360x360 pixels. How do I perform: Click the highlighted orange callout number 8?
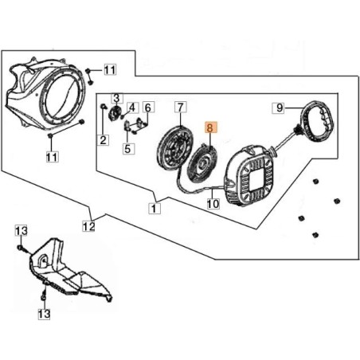pyautogui.click(x=210, y=127)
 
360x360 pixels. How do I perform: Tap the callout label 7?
pyautogui.click(x=181, y=108)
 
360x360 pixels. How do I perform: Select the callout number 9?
pyautogui.click(x=278, y=108)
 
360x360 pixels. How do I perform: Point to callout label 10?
pyautogui.click(x=213, y=203)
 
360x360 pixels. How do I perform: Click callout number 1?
pyautogui.click(x=155, y=208)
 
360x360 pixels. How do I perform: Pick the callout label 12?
pyautogui.click(x=88, y=226)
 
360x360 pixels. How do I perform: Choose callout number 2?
pyautogui.click(x=103, y=140)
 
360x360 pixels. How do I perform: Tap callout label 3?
pyautogui.click(x=117, y=98)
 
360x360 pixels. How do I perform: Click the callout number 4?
pyautogui.click(x=132, y=108)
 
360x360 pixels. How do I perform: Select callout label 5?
pyautogui.click(x=128, y=149)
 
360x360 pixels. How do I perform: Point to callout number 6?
pyautogui.click(x=148, y=108)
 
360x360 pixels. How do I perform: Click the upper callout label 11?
pyautogui.click(x=110, y=70)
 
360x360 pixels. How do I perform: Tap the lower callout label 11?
pyautogui.click(x=53, y=157)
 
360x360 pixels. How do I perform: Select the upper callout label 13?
pyautogui.click(x=22, y=230)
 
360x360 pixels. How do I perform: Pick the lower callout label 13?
pyautogui.click(x=44, y=314)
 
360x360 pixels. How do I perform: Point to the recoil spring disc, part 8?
pyautogui.click(x=202, y=164)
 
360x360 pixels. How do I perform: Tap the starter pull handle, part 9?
pyautogui.click(x=315, y=122)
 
